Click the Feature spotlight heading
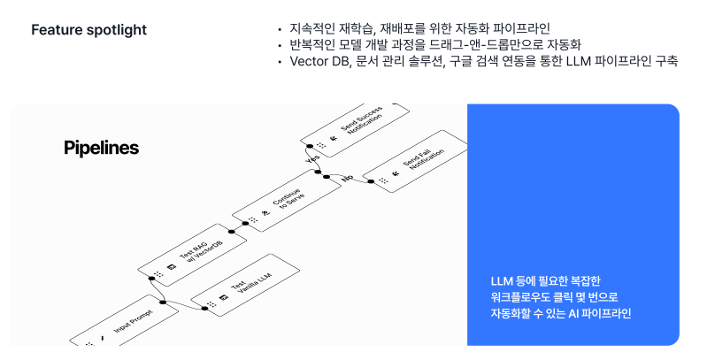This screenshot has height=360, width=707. (88, 30)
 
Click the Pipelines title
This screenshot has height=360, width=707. (101, 148)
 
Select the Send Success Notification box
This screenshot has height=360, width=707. (354, 129)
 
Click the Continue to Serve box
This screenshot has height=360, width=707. (281, 205)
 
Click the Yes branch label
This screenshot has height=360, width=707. (311, 159)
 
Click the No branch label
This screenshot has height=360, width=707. (347, 178)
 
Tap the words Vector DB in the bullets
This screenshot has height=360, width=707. (306, 61)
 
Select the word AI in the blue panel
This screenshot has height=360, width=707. (574, 313)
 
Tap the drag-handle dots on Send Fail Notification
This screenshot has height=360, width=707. (382, 182)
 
